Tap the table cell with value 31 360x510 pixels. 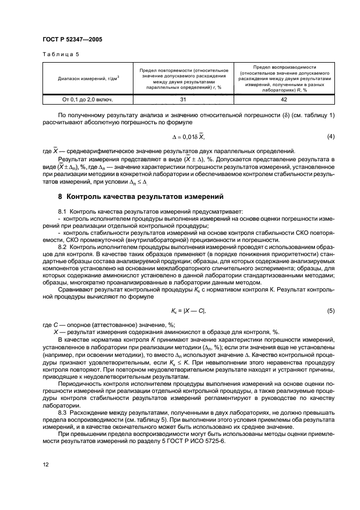coord(182,100)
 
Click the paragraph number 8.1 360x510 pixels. coord(62,211)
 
